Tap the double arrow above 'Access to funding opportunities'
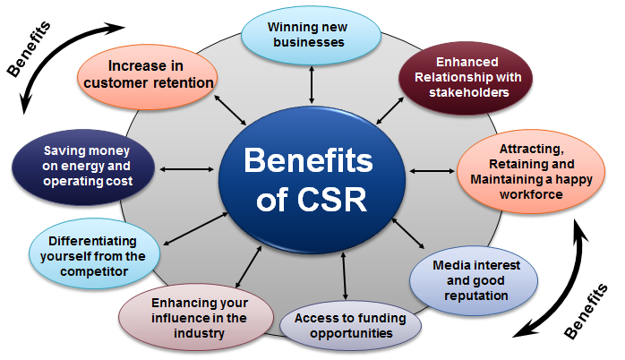344,277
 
